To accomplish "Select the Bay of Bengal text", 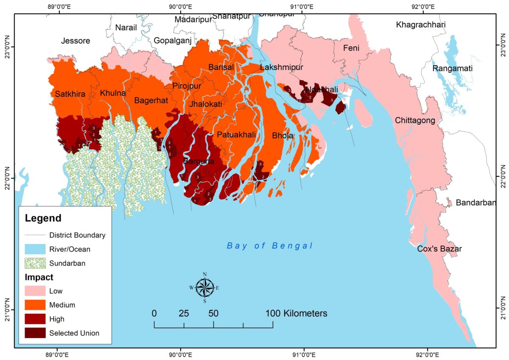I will pyautogui.click(x=270, y=246).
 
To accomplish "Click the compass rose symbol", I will pyautogui.click(x=204, y=287).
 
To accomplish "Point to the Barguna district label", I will pyautogui.click(x=199, y=162).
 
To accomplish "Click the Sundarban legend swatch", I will pyautogui.click(x=35, y=263).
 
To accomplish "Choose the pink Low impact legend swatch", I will pyautogui.click(x=35, y=291).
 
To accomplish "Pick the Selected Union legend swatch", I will pyautogui.click(x=35, y=333).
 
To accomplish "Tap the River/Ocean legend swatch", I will pyautogui.click(x=35, y=249).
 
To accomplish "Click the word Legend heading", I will pyautogui.click(x=43, y=219).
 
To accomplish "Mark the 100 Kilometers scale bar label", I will pyautogui.click(x=296, y=314).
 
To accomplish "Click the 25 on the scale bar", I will pyautogui.click(x=184, y=314).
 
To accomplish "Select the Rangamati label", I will pyautogui.click(x=452, y=68).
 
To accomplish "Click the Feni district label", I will pyautogui.click(x=351, y=48).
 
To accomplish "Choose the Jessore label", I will pyautogui.click(x=76, y=41).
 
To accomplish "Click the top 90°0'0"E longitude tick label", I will pyautogui.click(x=180, y=7).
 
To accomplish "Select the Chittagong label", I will pyautogui.click(x=415, y=121).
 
